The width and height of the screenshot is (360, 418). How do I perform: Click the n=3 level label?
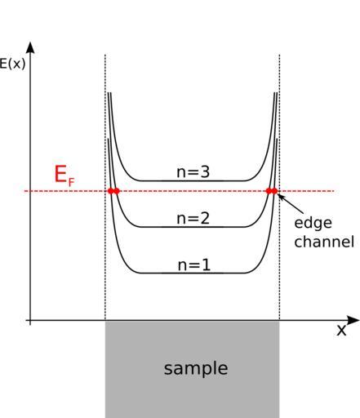[x=193, y=172]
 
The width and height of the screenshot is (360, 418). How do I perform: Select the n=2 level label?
[x=193, y=218]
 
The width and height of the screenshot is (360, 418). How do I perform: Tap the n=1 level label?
[x=194, y=265]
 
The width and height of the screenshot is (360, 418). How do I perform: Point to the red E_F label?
[x=64, y=176]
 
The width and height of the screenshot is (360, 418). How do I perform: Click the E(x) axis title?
[x=12, y=64]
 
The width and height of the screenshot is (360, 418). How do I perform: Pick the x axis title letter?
[x=341, y=330]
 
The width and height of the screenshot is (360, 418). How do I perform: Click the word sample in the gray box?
[x=196, y=369]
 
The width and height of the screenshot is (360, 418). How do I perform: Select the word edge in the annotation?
[x=313, y=223]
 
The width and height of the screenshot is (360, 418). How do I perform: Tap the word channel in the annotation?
[x=324, y=242]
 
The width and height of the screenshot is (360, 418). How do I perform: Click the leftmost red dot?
[x=110, y=191]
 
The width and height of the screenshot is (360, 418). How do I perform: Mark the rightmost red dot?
[x=274, y=191]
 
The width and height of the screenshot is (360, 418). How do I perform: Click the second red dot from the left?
[x=117, y=191]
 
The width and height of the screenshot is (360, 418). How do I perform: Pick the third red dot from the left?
[x=269, y=191]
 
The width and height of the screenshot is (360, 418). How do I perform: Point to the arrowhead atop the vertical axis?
[x=30, y=47]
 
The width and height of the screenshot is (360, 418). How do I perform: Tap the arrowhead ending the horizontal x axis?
[x=353, y=320]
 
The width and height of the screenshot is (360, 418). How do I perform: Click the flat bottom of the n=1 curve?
[x=192, y=273]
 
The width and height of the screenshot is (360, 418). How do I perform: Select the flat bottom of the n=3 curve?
[x=192, y=180]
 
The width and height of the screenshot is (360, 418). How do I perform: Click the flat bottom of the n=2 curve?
[x=192, y=227]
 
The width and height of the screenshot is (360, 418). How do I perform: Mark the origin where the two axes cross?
[x=30, y=320]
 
